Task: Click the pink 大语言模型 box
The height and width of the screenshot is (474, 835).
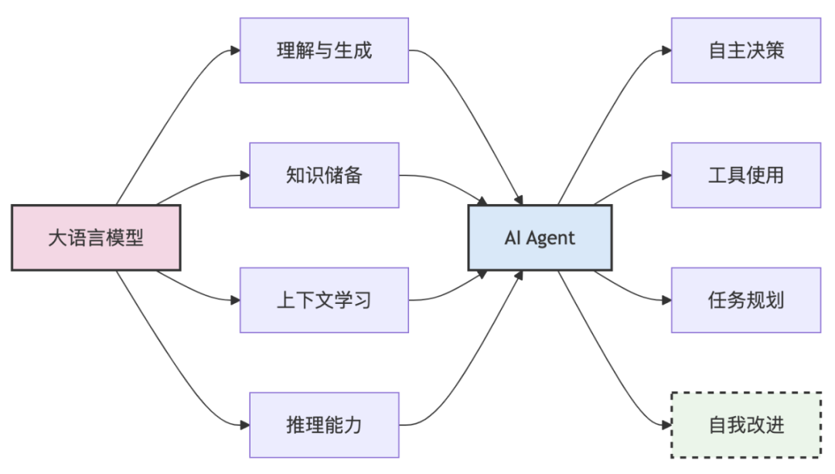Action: coord(96,237)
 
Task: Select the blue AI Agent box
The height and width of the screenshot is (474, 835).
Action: coord(540,237)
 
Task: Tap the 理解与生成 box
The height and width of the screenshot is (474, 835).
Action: coord(324,50)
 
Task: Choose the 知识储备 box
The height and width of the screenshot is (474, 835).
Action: coord(324,175)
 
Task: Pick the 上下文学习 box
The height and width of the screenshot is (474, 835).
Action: coord(324,300)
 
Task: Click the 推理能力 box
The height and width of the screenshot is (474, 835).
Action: coord(324,425)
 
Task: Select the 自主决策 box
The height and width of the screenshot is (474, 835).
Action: coord(746,50)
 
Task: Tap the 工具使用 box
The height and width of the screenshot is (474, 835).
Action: coord(746,175)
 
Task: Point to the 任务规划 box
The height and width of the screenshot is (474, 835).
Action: coord(746,300)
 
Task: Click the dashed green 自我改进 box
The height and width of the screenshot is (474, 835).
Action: coord(746,425)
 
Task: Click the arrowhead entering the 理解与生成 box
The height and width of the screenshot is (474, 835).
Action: coord(235,50)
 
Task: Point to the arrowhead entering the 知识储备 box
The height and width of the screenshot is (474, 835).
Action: coord(244,175)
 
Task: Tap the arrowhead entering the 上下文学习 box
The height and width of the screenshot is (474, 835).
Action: coord(235,300)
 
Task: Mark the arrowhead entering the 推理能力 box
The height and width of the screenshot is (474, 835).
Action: coord(244,425)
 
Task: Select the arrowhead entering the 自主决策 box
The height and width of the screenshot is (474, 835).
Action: coord(666,50)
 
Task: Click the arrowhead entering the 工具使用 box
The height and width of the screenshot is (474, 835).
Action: coord(666,175)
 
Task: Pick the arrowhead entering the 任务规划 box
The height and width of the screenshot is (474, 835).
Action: coord(666,300)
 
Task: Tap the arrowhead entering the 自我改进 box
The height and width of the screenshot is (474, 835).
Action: coord(666,425)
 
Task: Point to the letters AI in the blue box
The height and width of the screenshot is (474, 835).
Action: coord(513,237)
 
